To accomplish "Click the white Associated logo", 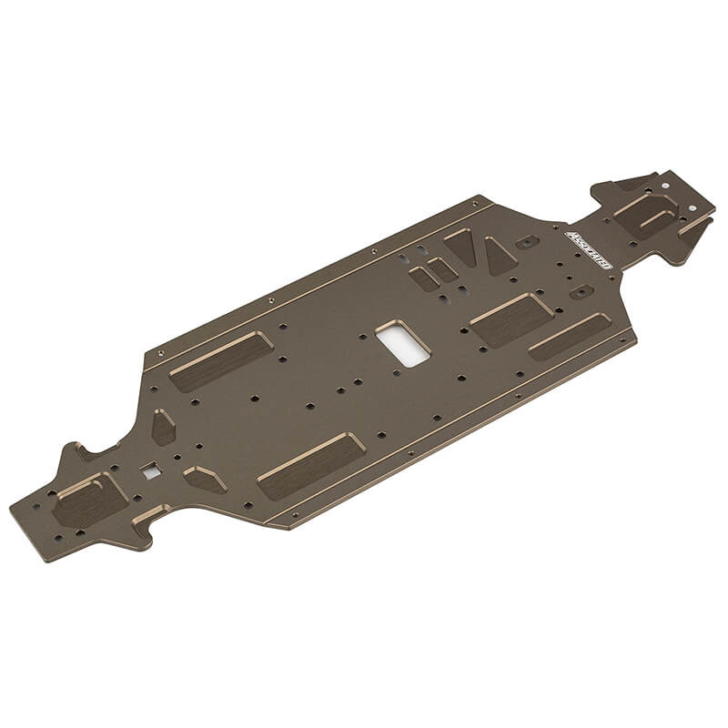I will (x=590, y=248).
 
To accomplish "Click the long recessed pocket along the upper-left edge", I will (x=221, y=360).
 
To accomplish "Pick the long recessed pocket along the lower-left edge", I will (x=311, y=465).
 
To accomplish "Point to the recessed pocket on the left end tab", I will (x=88, y=500).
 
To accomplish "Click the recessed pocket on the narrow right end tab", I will (x=648, y=216).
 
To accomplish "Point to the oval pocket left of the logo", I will (x=527, y=242).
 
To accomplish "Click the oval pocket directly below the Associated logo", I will (x=581, y=292).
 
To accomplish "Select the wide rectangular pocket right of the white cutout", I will (x=511, y=319).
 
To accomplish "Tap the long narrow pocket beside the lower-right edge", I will (x=569, y=336).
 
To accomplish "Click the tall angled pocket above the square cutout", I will (x=163, y=426).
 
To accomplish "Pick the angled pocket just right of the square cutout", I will (x=204, y=479).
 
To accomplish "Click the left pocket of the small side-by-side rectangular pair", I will (x=424, y=278).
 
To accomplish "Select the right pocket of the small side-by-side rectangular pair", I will (x=443, y=268).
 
